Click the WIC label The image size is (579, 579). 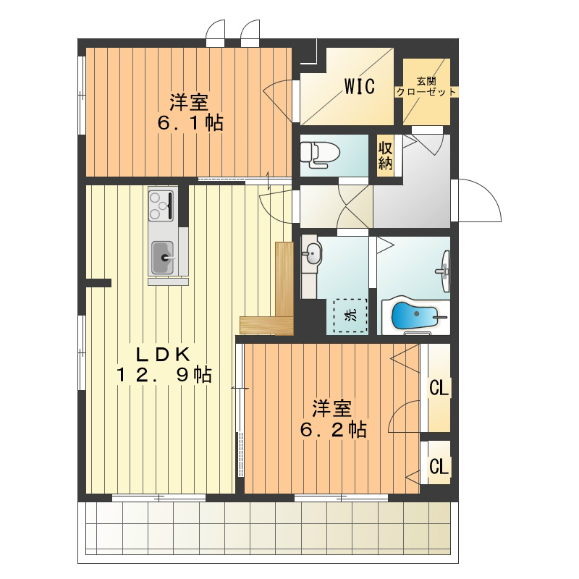359,86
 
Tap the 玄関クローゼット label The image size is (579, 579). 426,86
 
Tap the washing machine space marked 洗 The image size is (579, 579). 350,315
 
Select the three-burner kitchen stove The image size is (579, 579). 161,206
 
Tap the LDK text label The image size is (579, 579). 163,355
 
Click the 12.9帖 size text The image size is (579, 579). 164,375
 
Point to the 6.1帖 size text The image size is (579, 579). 190,122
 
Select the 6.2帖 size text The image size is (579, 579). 334,429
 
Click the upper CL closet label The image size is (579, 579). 439,388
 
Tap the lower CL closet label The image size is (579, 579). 439,466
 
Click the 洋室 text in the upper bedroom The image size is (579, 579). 189,102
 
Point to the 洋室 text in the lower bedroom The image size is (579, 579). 332,409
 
